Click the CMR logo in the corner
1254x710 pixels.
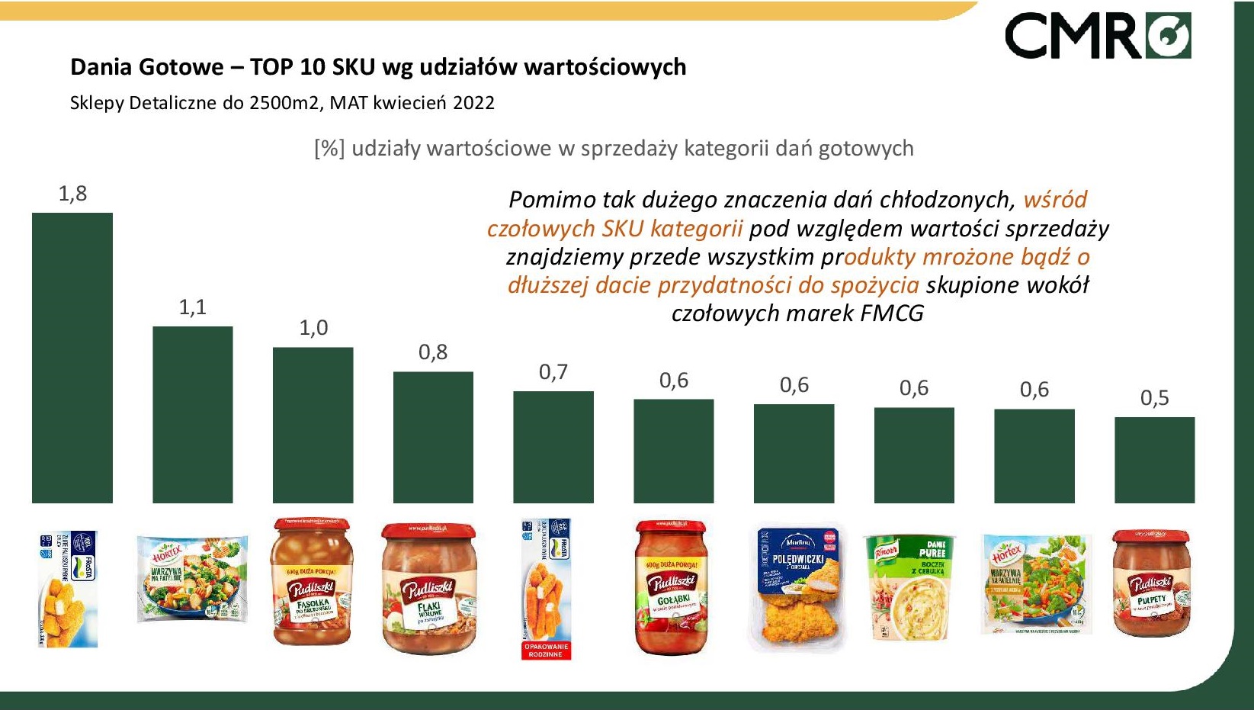click(x=1098, y=36)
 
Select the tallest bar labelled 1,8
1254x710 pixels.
click(x=72, y=358)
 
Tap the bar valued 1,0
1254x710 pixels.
click(x=313, y=425)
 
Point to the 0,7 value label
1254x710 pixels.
click(x=553, y=372)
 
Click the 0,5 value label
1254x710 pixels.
click(x=1154, y=398)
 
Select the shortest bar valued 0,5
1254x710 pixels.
click(x=1154, y=460)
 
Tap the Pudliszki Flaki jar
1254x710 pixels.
click(x=429, y=588)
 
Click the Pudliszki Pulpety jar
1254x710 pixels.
click(x=1151, y=583)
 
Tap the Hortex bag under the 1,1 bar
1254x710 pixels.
click(x=192, y=579)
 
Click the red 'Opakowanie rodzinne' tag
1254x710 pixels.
click(x=545, y=651)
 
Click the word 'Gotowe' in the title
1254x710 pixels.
click(x=190, y=67)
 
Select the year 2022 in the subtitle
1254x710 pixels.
click(x=473, y=103)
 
